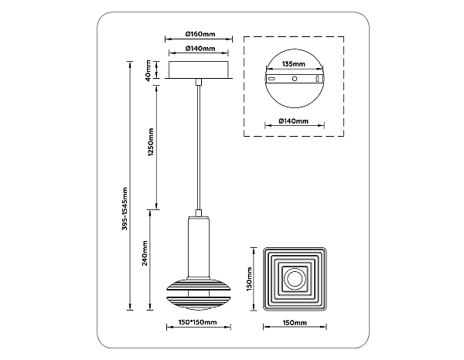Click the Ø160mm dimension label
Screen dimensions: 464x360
pyautogui.click(x=200, y=34)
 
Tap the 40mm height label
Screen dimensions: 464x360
pyautogui.click(x=148, y=70)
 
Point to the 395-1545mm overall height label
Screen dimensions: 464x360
pyautogui.click(x=125, y=209)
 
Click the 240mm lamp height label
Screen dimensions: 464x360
pyautogui.click(x=145, y=253)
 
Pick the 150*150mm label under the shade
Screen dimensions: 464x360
pyautogui.click(x=198, y=322)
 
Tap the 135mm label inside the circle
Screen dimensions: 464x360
pyautogui.click(x=293, y=64)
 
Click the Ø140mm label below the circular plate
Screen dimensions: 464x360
pyautogui.click(x=294, y=121)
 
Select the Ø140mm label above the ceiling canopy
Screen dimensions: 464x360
pyautogui.click(x=200, y=48)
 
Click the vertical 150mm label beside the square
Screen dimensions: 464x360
pyautogui.click(x=249, y=279)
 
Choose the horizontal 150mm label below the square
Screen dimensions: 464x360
pyautogui.click(x=295, y=322)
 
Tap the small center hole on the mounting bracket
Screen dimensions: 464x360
pyautogui.click(x=295, y=79)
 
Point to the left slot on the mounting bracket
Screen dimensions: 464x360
pyautogui.click(x=272, y=80)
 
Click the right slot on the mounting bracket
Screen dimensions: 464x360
pyautogui.click(x=317, y=80)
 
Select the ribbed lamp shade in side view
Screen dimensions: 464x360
pyautogui.click(x=199, y=294)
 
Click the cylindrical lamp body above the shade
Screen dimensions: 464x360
pyautogui.click(x=199, y=247)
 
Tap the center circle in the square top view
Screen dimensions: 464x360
pyautogui.click(x=295, y=279)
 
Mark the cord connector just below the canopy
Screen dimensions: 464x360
pyautogui.click(x=199, y=82)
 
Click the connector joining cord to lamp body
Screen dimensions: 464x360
pyautogui.click(x=199, y=212)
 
